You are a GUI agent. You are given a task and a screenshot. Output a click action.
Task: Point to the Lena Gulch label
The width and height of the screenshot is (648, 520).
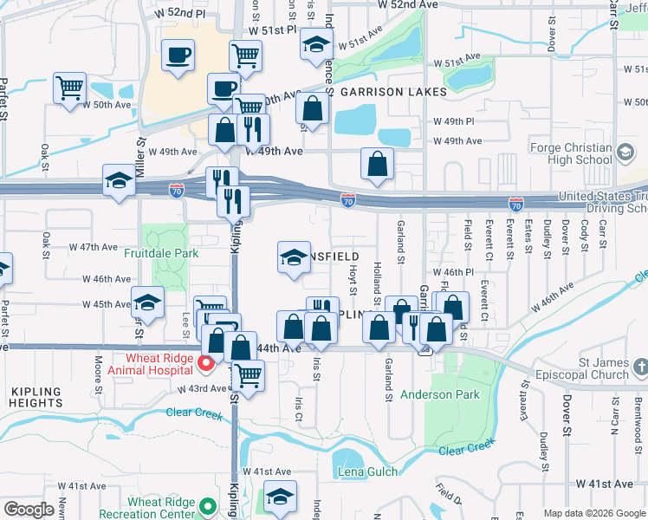click(368, 472)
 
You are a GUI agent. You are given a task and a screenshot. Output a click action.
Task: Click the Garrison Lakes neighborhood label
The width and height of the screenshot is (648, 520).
click(392, 92)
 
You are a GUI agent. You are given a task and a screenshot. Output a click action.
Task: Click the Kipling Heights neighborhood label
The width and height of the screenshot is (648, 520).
click(37, 397)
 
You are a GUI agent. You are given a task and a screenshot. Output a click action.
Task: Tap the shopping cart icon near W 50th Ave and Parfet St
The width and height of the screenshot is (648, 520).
click(69, 87)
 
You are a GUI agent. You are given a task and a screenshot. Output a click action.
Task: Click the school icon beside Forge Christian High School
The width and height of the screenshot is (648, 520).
click(624, 153)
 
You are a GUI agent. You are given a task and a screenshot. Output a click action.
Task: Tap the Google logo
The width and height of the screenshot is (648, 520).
click(29, 509)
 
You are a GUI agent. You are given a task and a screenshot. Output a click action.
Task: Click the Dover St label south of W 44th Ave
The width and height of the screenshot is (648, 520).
click(567, 414)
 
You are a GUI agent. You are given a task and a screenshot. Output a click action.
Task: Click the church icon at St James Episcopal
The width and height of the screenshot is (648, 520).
click(639, 368)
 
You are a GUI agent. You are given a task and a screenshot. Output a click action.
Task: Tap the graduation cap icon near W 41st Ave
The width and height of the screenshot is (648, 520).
click(280, 497)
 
